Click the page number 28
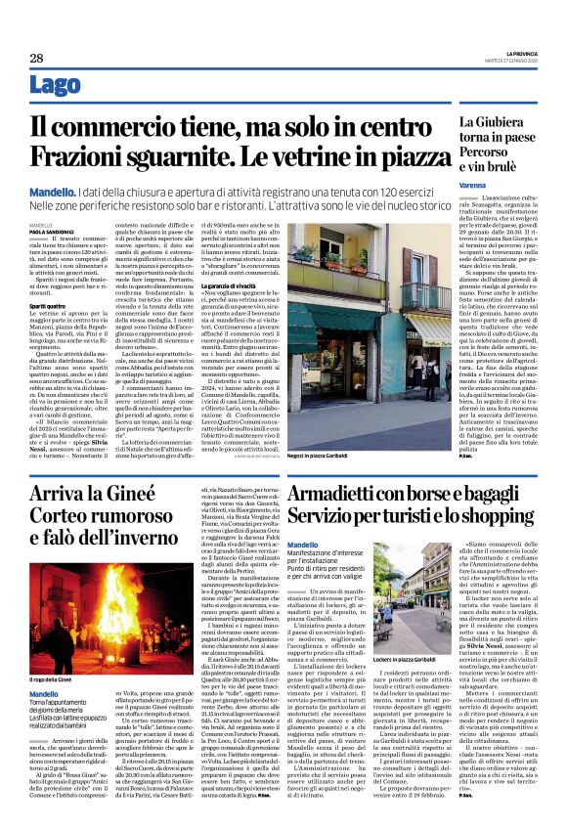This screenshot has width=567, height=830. (x=36, y=59)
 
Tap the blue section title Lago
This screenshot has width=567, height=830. (x=56, y=86)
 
